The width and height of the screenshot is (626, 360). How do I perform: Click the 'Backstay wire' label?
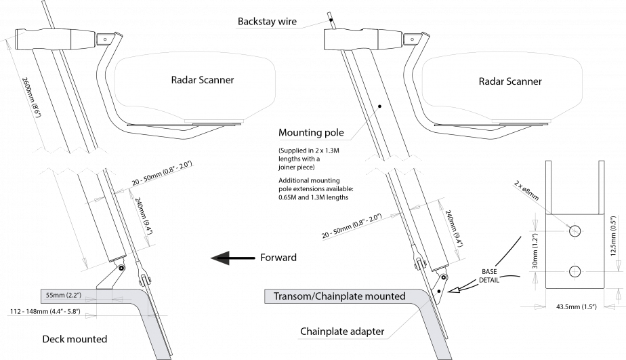coord(267,21)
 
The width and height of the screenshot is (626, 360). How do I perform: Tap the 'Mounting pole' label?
coord(311,132)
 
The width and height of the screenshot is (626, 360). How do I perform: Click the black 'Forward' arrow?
coord(233,258)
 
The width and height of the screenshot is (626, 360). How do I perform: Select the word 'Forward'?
coord(278,258)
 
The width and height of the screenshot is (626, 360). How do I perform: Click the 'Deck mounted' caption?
coord(75,339)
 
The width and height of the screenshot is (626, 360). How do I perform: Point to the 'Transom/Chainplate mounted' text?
coord(339,296)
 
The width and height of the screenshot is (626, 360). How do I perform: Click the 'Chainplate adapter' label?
coord(342,332)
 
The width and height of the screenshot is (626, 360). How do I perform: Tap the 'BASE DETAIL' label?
coord(489,276)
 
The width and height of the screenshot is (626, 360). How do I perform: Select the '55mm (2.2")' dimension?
coord(64,296)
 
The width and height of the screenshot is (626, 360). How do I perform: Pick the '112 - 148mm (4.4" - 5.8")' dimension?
coord(45,311)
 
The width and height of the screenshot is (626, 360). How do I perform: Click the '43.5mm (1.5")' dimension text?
coord(577,306)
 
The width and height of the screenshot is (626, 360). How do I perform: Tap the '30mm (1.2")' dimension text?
coord(535,251)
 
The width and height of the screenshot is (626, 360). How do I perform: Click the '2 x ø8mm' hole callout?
coord(526,191)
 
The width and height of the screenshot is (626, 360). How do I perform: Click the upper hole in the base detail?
coord(575,231)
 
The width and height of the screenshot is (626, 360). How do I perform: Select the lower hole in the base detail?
coord(575,271)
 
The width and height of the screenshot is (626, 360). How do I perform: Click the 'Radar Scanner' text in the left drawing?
coord(203,80)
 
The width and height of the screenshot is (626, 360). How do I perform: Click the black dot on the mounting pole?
coord(379,106)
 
